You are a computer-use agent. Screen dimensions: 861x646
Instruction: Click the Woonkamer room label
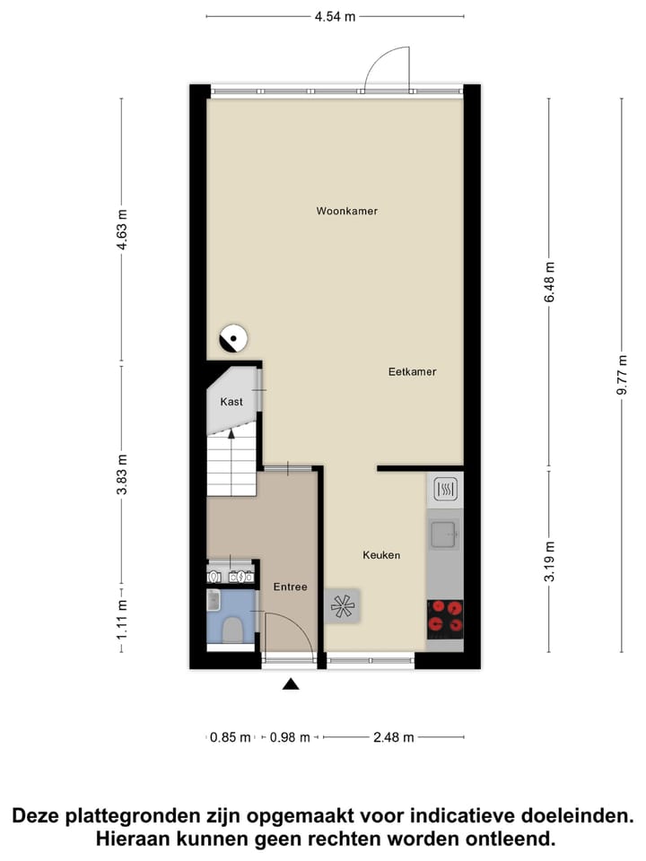click(346, 212)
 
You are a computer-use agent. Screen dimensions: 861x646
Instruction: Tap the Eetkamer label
click(412, 371)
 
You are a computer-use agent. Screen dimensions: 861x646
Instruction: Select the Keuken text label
click(381, 555)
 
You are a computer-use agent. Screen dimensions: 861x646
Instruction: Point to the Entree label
click(291, 587)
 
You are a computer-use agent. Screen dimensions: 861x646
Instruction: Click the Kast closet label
click(231, 402)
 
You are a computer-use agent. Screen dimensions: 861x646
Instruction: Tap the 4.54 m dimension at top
click(336, 16)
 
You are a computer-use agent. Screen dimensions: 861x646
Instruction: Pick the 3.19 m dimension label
click(549, 561)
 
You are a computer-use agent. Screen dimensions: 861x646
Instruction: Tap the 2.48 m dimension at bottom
click(393, 737)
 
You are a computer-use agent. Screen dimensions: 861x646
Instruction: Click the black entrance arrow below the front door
click(291, 685)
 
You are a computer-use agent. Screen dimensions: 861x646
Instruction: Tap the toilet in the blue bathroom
click(233, 631)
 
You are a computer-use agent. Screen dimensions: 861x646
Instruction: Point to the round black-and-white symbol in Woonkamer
click(234, 339)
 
